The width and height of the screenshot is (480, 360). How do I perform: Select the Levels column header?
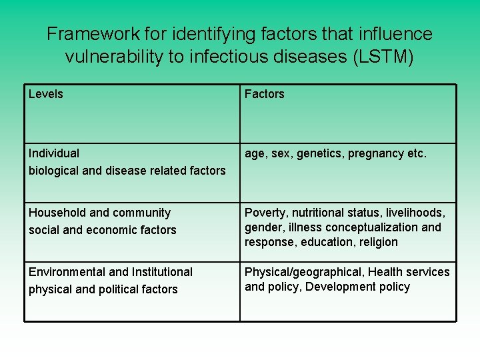[46, 94]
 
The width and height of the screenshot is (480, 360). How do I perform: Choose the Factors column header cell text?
[264, 94]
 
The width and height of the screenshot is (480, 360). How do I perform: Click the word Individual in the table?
[54, 153]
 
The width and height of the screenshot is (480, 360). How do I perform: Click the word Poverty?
[265, 213]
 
